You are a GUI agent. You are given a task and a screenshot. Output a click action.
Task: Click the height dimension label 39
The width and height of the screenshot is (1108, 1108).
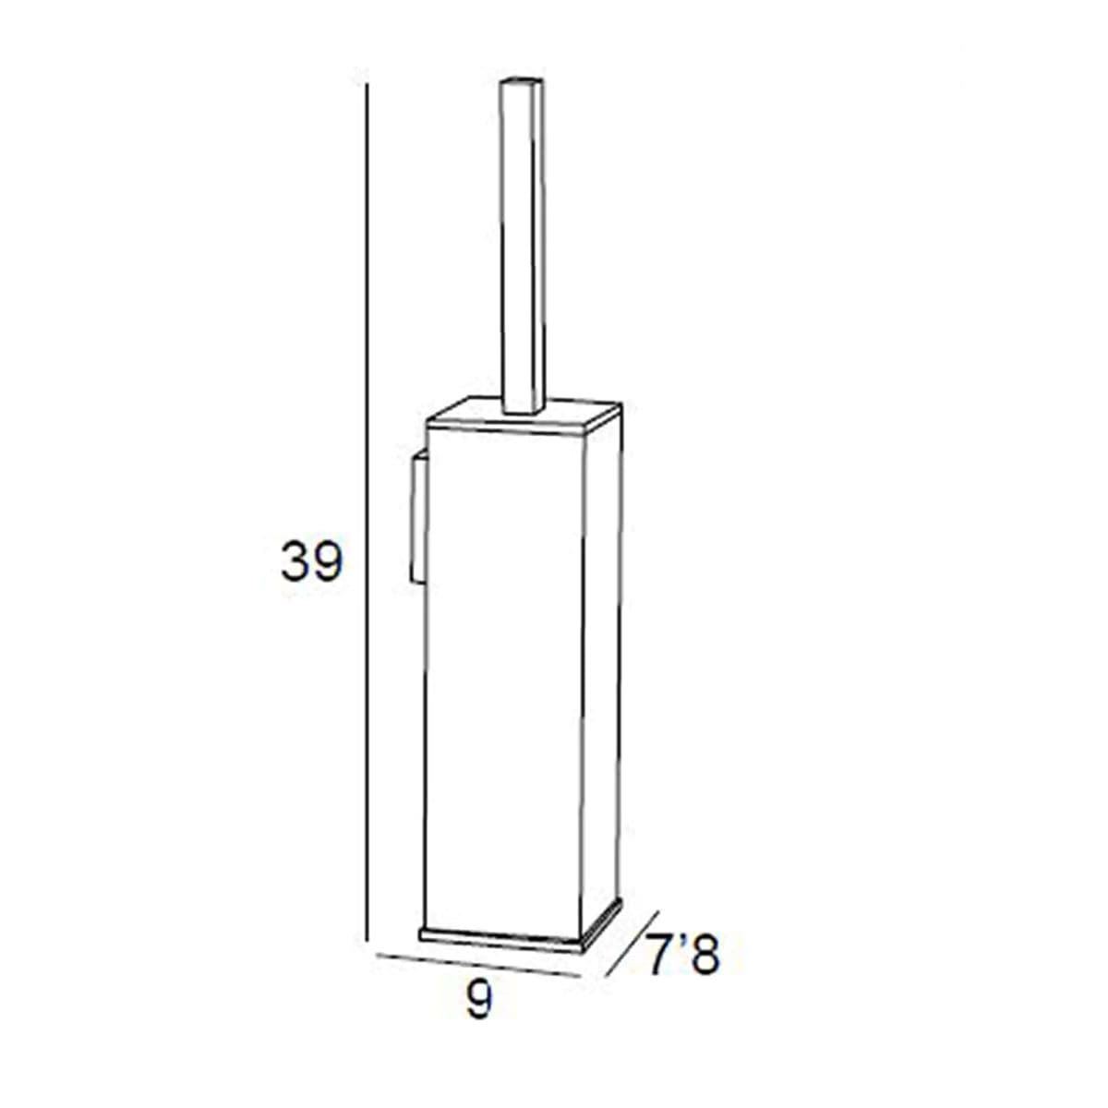coord(312,561)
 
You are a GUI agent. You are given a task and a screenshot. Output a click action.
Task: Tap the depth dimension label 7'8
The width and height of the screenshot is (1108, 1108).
coord(683,955)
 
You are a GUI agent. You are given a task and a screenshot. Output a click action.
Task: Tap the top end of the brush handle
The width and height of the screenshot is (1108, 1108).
coord(522,79)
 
